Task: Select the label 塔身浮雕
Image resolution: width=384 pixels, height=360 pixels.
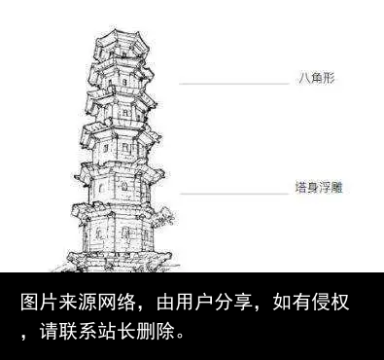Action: pos(318,185)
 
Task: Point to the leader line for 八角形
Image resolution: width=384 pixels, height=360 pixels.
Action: pos(233,85)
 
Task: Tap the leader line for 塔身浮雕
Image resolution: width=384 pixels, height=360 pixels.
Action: pos(233,193)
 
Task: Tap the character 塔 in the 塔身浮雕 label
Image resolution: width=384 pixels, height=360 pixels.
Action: pos(301,185)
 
